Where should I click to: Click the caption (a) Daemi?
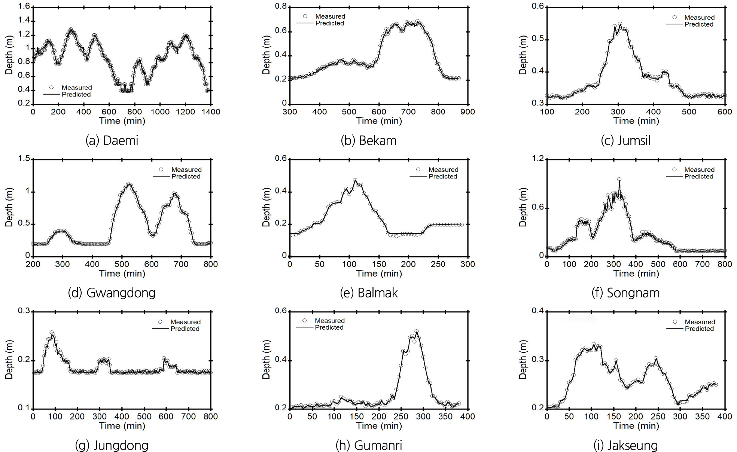click(x=112, y=141)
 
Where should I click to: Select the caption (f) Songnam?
click(x=625, y=293)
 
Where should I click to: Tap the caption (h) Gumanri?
click(x=369, y=445)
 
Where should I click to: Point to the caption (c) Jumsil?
click(x=625, y=141)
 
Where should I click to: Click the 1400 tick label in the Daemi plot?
click(x=211, y=112)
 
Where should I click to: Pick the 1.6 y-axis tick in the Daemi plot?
click(x=24, y=7)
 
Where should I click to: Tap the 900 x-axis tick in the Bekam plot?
click(x=468, y=112)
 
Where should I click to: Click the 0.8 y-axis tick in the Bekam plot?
click(x=281, y=7)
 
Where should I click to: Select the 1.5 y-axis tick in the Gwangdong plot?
click(x=24, y=159)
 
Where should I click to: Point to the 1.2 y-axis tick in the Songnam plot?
click(x=538, y=159)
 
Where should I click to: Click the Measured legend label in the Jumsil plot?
click(x=699, y=18)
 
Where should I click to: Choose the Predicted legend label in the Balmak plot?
click(x=443, y=177)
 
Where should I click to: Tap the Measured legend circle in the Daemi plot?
click(x=51, y=88)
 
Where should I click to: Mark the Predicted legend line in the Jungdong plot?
click(x=160, y=329)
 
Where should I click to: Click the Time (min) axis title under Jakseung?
click(x=636, y=426)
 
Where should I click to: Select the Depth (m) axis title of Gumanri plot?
click(x=266, y=360)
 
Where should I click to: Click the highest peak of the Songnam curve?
click(x=619, y=180)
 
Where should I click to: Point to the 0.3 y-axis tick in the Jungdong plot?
click(x=24, y=311)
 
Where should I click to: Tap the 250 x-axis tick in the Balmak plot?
click(x=438, y=264)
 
